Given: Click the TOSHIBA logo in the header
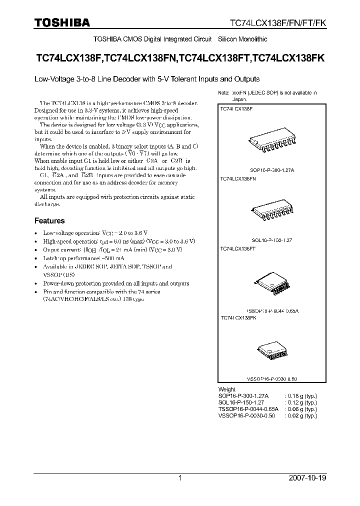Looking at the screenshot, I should [x=62, y=22].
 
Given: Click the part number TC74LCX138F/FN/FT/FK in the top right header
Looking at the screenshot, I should [x=277, y=23].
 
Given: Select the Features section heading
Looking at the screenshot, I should [x=49, y=220].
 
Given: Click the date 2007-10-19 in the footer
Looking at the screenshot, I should [x=307, y=478].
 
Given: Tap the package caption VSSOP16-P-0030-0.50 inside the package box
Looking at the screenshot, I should [x=272, y=379].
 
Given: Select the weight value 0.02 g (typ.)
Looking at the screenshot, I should [x=300, y=415].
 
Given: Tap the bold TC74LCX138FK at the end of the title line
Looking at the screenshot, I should [x=289, y=58].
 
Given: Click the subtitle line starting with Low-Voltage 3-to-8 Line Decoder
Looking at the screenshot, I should [x=146, y=79].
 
